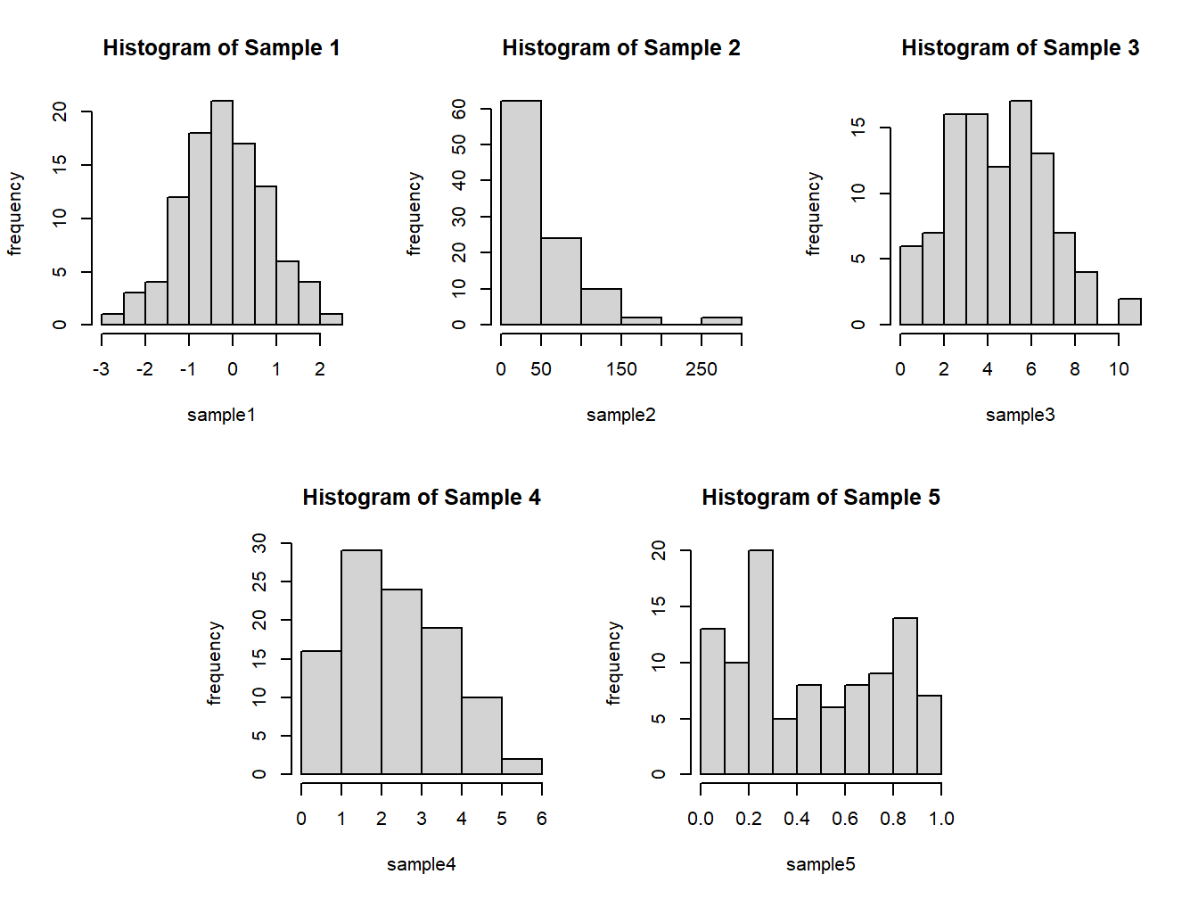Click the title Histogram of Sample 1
(221, 48)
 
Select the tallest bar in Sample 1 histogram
(222, 214)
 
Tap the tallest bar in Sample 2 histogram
(521, 214)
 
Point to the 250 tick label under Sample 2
(702, 370)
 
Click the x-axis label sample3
(1020, 415)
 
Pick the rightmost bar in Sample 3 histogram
(1129, 312)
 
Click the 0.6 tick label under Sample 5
(845, 820)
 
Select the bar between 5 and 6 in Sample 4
(521, 766)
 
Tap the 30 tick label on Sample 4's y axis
(259, 543)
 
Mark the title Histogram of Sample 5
(820, 498)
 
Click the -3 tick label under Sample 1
(101, 370)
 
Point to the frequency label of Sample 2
(414, 214)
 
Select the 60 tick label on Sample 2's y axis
(459, 109)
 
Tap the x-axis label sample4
(421, 864)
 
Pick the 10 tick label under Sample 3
(1119, 370)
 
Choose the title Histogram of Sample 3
(1020, 48)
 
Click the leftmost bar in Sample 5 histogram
(712, 702)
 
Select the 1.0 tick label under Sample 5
(941, 820)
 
